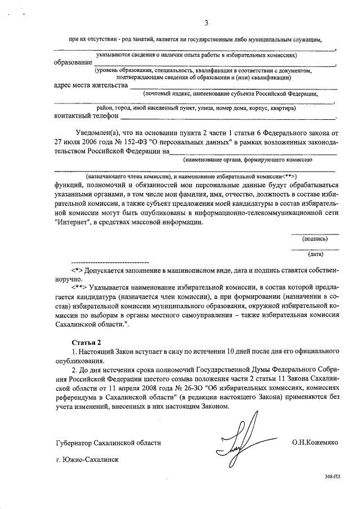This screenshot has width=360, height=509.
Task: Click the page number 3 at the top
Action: [206, 23]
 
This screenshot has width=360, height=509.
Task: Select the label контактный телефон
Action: [86, 116]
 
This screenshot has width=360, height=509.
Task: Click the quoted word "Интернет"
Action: [73, 222]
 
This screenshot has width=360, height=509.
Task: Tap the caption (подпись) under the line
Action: [315, 238]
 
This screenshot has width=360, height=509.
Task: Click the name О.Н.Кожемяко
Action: [314, 443]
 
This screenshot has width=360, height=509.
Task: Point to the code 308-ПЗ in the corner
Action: [333, 491]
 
